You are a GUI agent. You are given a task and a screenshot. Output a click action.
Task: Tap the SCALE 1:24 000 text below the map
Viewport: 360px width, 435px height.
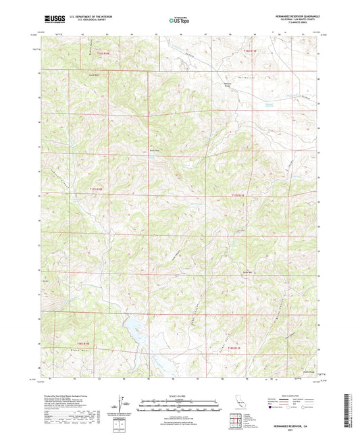pyautogui.click(x=180, y=395)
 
